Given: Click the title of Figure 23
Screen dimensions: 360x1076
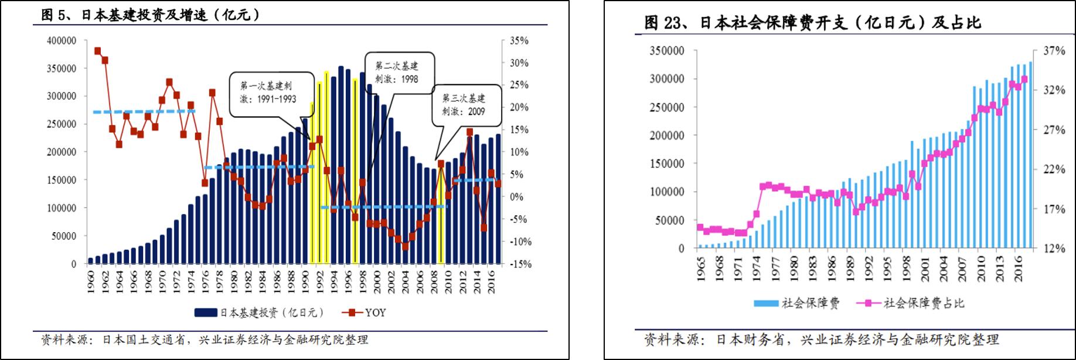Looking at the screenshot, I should click(x=812, y=23).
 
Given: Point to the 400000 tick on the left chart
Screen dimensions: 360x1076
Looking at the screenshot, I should click(x=62, y=40).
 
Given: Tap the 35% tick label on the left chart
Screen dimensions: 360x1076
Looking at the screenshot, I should click(x=519, y=40).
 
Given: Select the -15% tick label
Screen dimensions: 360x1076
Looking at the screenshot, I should click(x=519, y=264).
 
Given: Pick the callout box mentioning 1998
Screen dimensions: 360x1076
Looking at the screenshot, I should click(x=397, y=72).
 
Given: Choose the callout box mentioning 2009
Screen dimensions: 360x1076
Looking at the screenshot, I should click(x=464, y=104).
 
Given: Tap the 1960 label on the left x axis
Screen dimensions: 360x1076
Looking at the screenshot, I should click(x=91, y=281).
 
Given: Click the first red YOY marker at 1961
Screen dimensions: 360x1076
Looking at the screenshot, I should click(x=98, y=51).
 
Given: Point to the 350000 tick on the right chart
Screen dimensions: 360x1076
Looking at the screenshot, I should click(x=666, y=51).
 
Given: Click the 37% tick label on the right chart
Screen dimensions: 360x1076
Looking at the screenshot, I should click(x=1054, y=51).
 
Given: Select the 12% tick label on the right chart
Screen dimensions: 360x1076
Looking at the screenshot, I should click(x=1054, y=249).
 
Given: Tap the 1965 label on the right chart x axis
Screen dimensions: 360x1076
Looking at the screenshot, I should click(x=701, y=269).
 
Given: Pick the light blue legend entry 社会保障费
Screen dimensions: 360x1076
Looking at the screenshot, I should click(x=797, y=303).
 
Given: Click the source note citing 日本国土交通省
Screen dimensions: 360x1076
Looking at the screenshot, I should click(x=205, y=339).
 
